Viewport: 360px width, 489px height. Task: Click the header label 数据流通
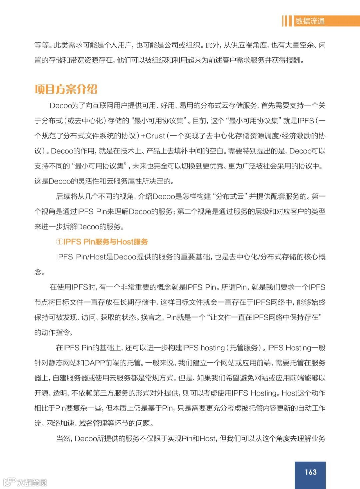(x=310, y=21)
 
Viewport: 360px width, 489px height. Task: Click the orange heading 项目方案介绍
(x=66, y=89)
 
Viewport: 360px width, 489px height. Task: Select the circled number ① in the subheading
(x=59, y=242)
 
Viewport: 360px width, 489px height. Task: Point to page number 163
(x=310, y=472)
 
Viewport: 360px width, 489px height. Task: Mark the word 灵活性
(x=88, y=181)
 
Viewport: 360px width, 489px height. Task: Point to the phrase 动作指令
(x=56, y=333)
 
